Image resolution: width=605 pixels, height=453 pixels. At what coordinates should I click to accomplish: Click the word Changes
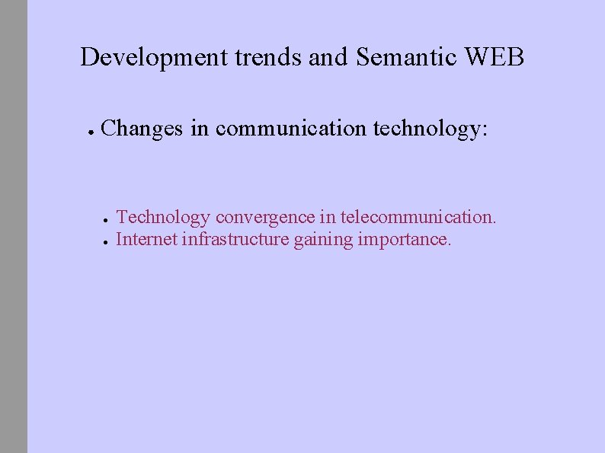click(x=142, y=129)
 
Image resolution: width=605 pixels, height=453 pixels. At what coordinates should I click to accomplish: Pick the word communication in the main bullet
click(x=290, y=129)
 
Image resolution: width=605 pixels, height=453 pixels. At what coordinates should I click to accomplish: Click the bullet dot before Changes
click(x=89, y=131)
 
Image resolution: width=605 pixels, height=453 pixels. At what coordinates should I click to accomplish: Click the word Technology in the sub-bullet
click(x=162, y=218)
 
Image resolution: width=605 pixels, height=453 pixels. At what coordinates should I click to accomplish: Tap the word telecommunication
click(x=418, y=218)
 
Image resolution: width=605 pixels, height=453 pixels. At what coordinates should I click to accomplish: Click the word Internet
click(x=147, y=240)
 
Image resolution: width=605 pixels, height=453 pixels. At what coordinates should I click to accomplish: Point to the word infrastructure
click(x=235, y=240)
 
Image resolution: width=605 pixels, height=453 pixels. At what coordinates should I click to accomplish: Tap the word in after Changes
click(x=200, y=129)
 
